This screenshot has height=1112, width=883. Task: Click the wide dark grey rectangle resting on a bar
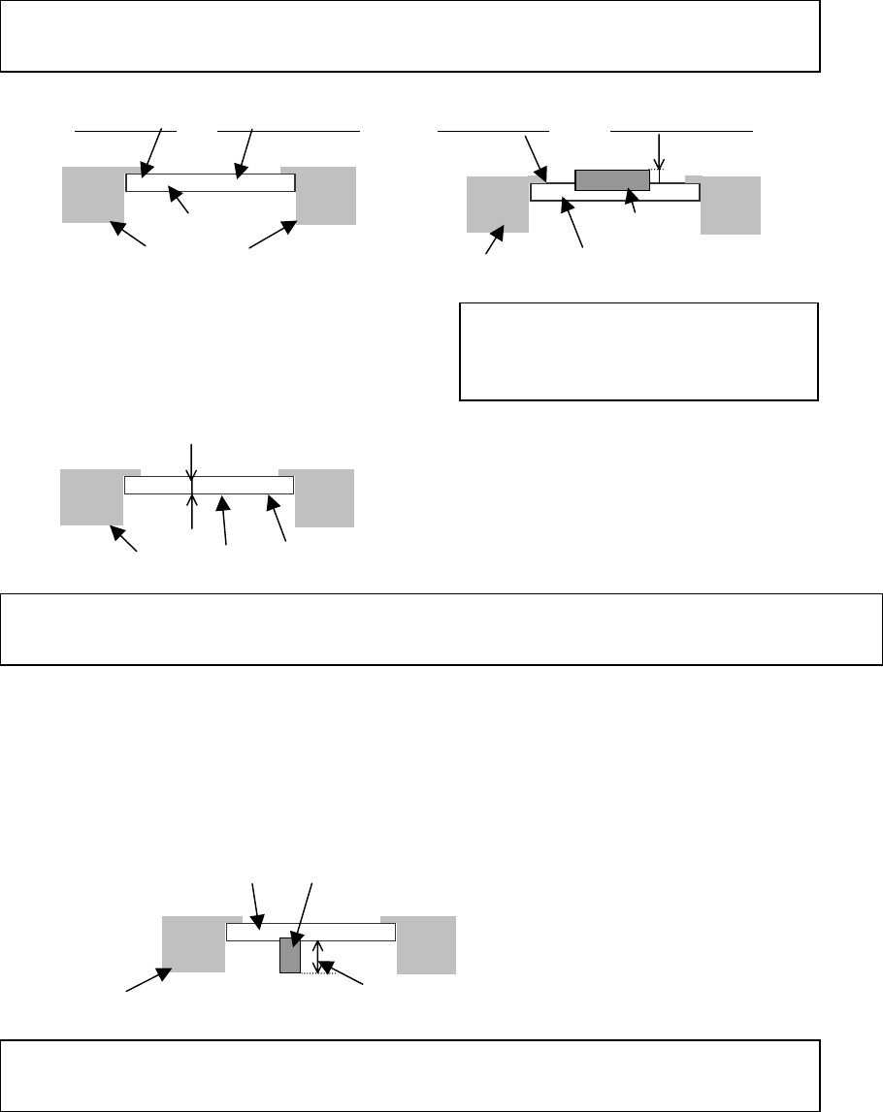612,179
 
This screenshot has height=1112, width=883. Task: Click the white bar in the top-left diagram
211,182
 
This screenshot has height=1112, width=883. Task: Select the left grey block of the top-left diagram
92,194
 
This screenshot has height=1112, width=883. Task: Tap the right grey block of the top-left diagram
326,195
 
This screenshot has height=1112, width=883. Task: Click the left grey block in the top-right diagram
497,204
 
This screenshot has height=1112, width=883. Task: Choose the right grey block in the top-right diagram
731,205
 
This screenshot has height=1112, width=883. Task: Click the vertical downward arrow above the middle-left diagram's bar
192,461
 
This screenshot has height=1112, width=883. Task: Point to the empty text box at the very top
409,36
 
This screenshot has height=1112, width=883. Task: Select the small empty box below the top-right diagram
638,351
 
